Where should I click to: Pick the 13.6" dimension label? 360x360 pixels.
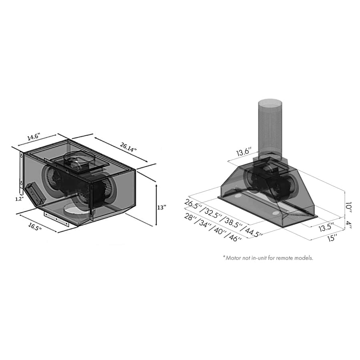pyautogui.click(x=243, y=152)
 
